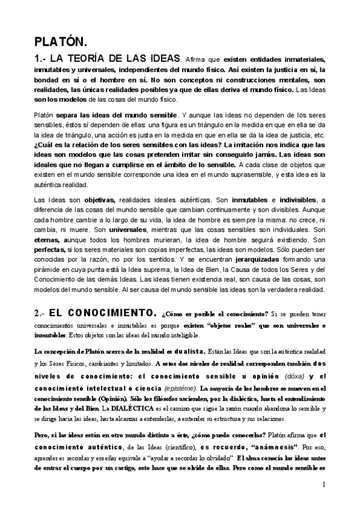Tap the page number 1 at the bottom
click(x=323, y=485)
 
